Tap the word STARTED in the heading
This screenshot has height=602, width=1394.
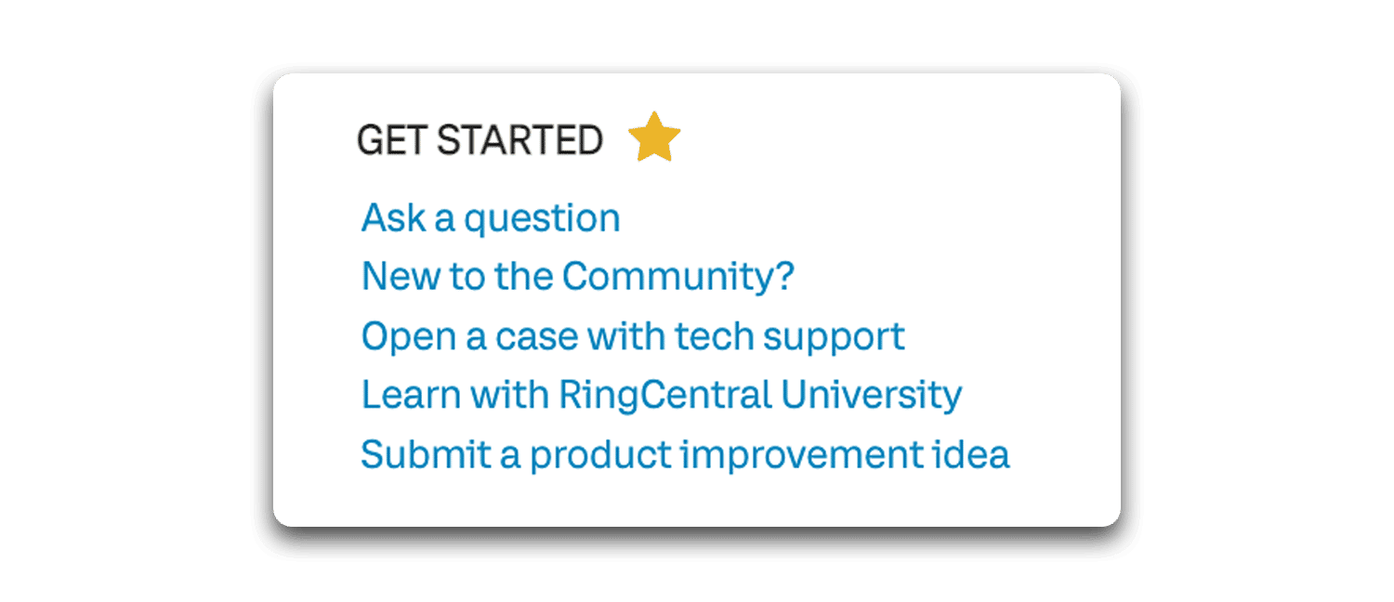pyautogui.click(x=519, y=140)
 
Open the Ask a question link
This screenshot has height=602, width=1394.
pyautogui.click(x=491, y=218)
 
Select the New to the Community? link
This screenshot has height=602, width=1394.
pyautogui.click(x=577, y=276)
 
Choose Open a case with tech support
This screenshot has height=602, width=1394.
pyautogui.click(x=633, y=337)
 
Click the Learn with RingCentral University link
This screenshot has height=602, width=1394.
pyautogui.click(x=662, y=396)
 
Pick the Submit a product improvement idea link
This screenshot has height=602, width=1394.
pyautogui.click(x=685, y=454)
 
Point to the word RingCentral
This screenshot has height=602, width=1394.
pyautogui.click(x=665, y=396)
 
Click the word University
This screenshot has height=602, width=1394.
pyautogui.click(x=872, y=396)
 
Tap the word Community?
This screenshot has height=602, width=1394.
pyautogui.click(x=678, y=276)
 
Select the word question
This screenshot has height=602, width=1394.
pyautogui.click(x=542, y=219)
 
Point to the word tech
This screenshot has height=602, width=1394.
pyautogui.click(x=715, y=336)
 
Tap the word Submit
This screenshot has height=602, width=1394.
pyautogui.click(x=427, y=454)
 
